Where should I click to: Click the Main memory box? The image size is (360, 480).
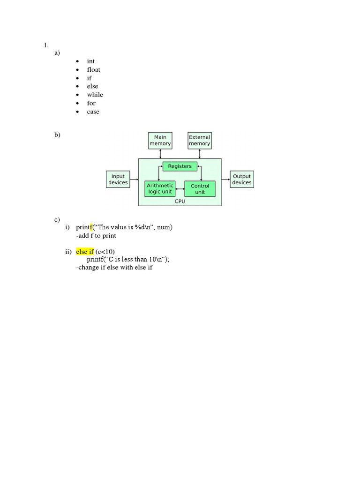160,140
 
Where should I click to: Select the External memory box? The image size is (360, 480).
200,140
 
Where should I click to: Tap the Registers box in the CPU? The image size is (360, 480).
180,166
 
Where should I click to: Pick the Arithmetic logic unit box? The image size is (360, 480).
160,188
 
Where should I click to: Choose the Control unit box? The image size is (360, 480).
200,189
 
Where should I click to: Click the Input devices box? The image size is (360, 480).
118,180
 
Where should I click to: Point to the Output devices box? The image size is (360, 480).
242,180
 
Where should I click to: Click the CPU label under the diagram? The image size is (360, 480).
180,201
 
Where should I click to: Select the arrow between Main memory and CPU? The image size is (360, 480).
160,153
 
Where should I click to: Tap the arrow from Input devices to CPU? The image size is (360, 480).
134,179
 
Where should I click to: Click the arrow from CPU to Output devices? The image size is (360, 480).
226,179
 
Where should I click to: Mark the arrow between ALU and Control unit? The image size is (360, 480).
180,189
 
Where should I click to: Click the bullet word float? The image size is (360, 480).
93,70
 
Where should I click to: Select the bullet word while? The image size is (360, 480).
95,95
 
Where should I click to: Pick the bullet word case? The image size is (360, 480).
93,112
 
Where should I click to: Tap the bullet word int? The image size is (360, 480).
90,61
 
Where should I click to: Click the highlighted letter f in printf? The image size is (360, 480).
91,227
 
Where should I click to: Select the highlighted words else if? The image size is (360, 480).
85,252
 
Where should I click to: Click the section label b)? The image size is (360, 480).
57,135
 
